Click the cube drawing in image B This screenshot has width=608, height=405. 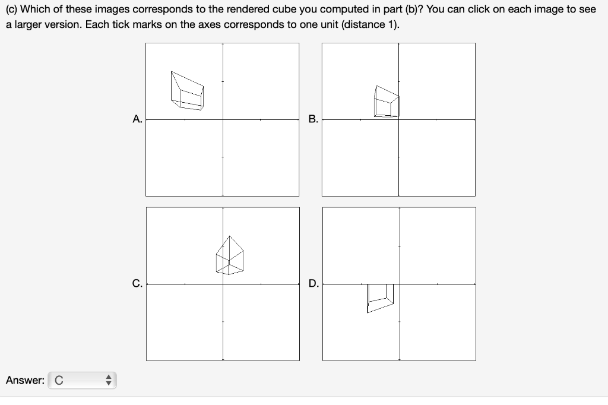(386, 102)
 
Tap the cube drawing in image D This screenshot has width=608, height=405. (380, 297)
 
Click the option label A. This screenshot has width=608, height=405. (137, 119)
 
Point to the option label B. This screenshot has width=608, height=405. (313, 119)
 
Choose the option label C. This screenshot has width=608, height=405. (137, 284)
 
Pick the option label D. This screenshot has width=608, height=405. (313, 284)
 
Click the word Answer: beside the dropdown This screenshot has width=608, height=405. (25, 380)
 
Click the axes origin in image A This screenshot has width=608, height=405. (223, 119)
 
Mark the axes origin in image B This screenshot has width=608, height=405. (398, 119)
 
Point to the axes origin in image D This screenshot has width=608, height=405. (399, 284)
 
